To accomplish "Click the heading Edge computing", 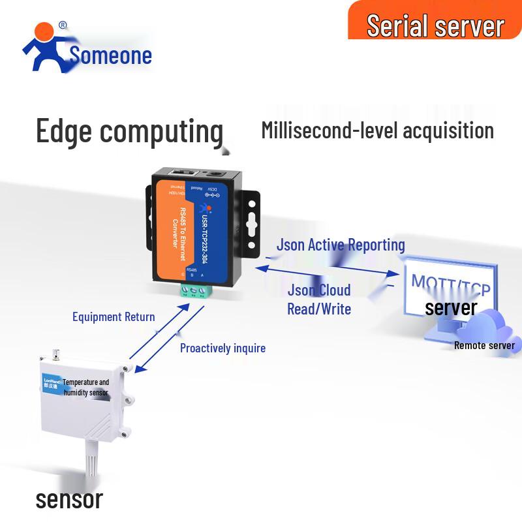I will (x=129, y=130).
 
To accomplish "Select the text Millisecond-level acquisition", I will (x=377, y=130).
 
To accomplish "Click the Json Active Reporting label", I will (x=341, y=245).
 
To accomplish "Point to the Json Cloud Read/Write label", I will (x=319, y=299).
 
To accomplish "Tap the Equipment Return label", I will (x=114, y=317).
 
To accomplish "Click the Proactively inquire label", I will (x=223, y=348).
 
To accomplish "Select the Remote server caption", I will (x=484, y=346).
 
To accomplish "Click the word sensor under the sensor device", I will (x=69, y=500).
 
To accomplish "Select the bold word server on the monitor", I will (x=451, y=307).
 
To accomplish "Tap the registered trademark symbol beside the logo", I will (x=63, y=25).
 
